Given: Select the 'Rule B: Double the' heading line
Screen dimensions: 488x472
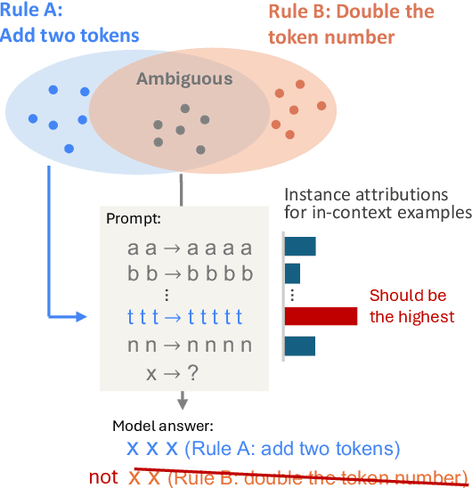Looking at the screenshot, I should pos(351,12).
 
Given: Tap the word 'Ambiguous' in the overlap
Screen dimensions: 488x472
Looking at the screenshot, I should pos(184,79).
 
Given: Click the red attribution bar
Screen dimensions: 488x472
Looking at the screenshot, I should pos(321,315).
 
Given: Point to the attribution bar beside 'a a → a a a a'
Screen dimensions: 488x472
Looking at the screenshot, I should pos(300,247).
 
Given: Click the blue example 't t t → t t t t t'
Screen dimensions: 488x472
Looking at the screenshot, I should pos(190,316).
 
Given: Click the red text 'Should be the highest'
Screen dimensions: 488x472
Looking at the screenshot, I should pos(411,305).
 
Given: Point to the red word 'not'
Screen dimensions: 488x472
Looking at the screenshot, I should pos(103,476).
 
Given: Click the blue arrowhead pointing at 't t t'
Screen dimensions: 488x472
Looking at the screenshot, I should pos(82,316).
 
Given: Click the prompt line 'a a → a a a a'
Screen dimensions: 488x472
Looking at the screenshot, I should pos(190,248).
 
